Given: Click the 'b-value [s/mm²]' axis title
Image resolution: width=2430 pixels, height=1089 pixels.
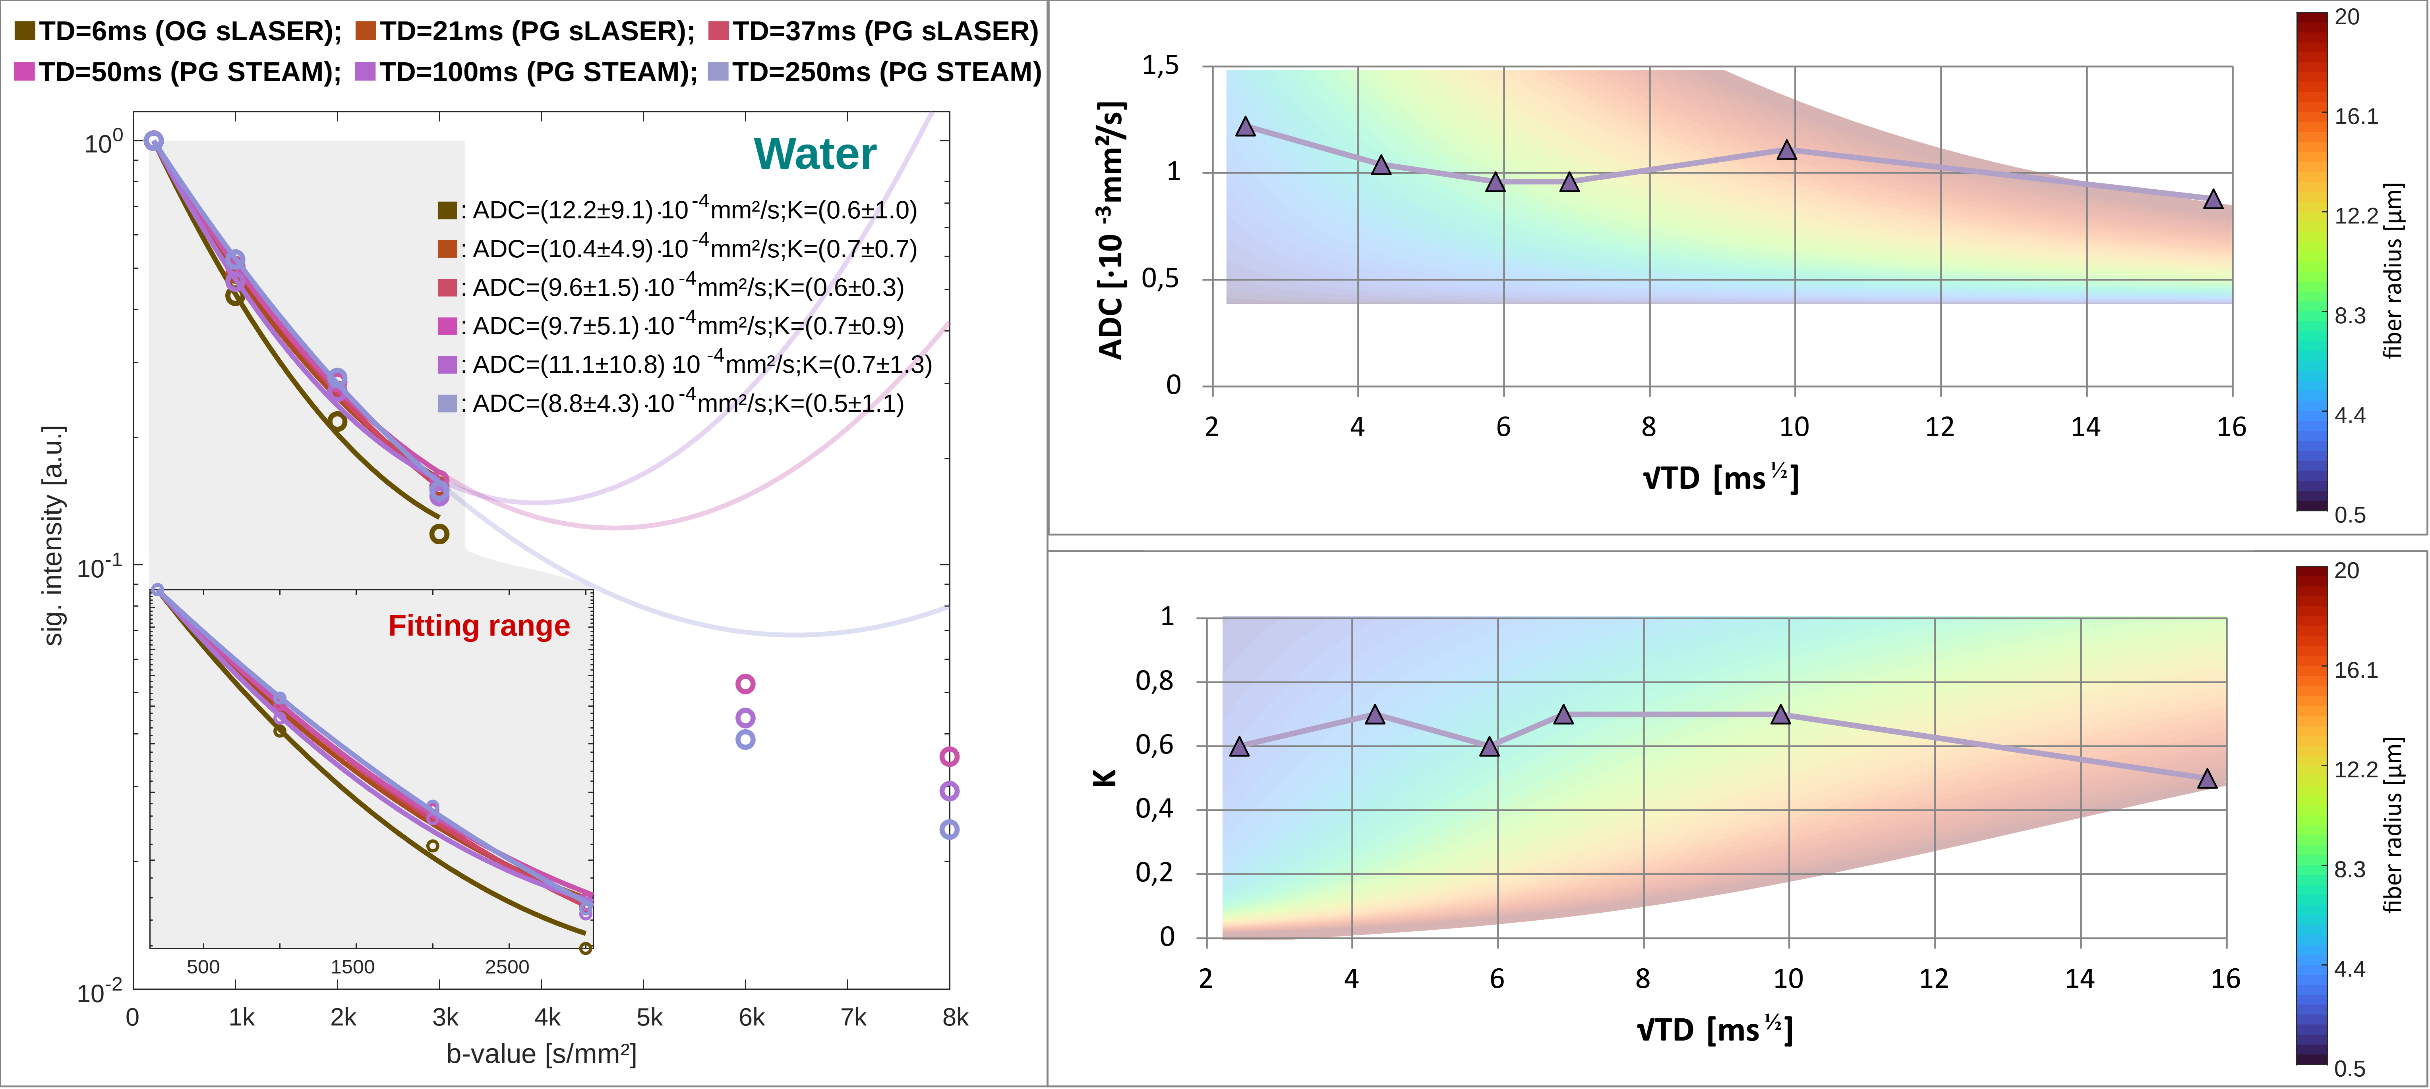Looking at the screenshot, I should [542, 1054].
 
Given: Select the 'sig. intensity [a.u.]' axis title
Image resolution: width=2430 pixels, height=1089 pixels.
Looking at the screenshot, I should [54, 535].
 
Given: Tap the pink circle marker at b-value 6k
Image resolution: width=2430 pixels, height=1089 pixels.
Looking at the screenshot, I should [745, 684].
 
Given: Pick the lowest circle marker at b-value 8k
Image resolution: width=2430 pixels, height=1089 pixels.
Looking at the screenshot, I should [949, 830].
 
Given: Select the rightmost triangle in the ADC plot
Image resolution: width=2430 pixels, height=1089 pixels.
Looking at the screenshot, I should [2213, 199].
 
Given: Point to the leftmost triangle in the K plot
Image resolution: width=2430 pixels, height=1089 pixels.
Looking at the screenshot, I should [1240, 747].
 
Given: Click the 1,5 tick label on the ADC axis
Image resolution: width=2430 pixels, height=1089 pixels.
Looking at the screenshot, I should [1160, 65].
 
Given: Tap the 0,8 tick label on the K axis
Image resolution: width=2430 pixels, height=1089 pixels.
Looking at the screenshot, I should [1155, 681].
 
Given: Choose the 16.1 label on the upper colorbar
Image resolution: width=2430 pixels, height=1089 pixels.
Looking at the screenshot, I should [2355, 116].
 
